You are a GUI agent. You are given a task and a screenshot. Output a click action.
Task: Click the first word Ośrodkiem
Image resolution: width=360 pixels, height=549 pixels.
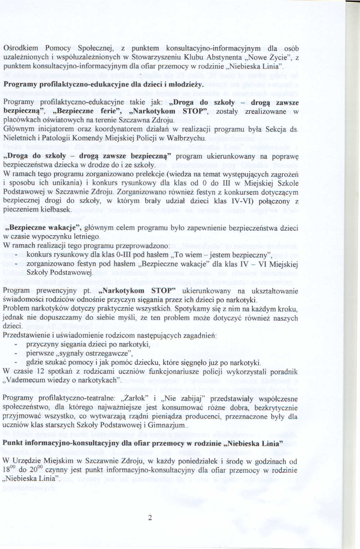pyautogui.click(x=21, y=48)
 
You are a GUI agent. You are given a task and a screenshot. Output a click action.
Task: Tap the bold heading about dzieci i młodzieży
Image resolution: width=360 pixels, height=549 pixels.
pyautogui.click(x=104, y=85)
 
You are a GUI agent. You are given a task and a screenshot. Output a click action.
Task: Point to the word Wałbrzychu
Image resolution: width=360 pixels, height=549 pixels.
pyautogui.click(x=188, y=138)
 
